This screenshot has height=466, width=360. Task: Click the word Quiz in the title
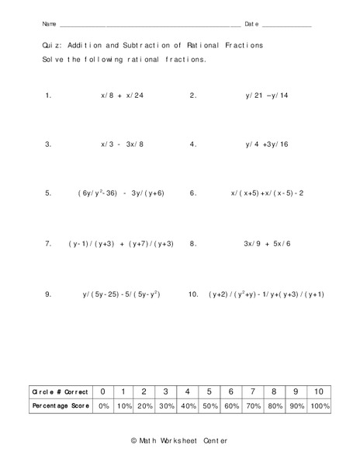click(x=50, y=46)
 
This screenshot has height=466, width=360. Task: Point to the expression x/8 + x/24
click(x=123, y=96)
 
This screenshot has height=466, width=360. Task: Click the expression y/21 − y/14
click(x=266, y=96)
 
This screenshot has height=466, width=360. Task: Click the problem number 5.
click(x=48, y=193)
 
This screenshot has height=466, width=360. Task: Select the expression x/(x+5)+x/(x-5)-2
click(x=267, y=193)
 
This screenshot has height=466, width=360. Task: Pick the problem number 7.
click(x=48, y=244)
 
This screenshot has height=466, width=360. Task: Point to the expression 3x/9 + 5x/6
click(x=267, y=244)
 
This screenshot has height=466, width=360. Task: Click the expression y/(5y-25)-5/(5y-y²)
click(x=123, y=294)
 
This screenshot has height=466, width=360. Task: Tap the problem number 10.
click(x=193, y=294)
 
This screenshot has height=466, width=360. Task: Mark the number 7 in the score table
click(x=253, y=392)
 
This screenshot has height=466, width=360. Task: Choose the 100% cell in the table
click(x=318, y=406)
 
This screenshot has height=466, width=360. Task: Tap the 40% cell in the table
click(x=188, y=406)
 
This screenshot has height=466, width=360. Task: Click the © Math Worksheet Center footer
click(x=180, y=441)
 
